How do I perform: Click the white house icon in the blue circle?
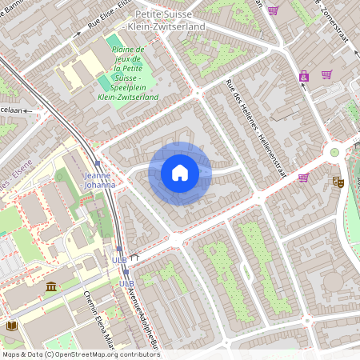(180, 173)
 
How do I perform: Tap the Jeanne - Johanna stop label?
(99, 180)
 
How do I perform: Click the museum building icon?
(51, 286)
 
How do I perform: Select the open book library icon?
(11, 326)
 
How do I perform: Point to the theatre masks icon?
(338, 182)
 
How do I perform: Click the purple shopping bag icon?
(304, 77)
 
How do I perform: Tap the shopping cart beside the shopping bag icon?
(326, 74)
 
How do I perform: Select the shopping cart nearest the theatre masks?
(303, 178)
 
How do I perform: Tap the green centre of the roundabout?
(334, 152)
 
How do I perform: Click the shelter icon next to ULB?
(134, 258)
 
